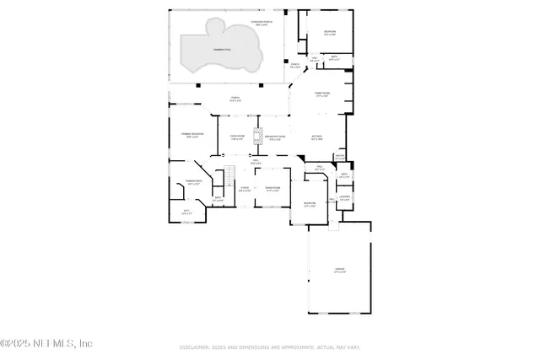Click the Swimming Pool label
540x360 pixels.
pyautogui.click(x=202, y=51)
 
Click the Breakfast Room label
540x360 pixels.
pyautogui.click(x=276, y=137)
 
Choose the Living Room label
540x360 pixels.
pyautogui.click(x=237, y=137)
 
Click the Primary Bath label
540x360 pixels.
pyautogui.click(x=192, y=182)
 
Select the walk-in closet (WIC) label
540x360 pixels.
pyautogui.click(x=187, y=212)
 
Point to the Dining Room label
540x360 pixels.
pyautogui.click(x=273, y=189)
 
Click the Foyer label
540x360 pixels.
pyautogui.click(x=244, y=189)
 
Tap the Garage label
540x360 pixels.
pyautogui.click(x=338, y=270)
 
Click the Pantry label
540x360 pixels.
pyautogui.click(x=339, y=157)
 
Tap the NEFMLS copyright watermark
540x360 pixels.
pyautogui.click(x=46, y=343)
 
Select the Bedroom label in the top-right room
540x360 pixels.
pyautogui.click(x=329, y=33)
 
